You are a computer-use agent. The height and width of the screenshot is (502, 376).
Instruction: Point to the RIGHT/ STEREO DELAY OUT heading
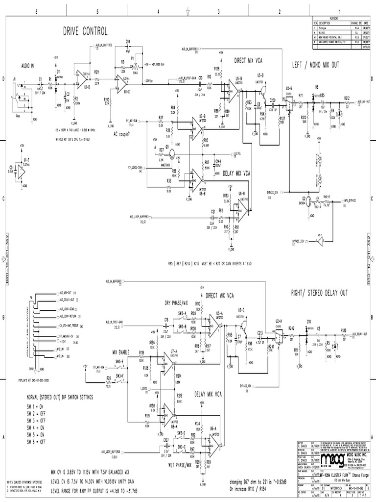point(319,293)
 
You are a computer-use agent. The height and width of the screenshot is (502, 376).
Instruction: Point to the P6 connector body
point(32,334)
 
